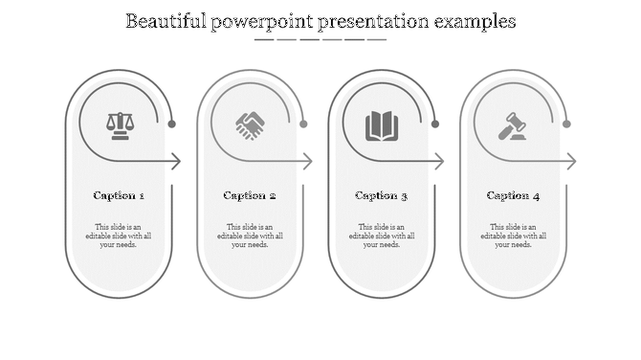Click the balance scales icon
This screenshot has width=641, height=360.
120,125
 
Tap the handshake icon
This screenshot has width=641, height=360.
251,125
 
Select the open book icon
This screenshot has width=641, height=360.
382,125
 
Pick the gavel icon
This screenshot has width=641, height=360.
513,125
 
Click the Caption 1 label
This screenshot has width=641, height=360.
119,195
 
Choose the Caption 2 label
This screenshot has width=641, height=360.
250,195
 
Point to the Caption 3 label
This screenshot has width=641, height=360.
382,195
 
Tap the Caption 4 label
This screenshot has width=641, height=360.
513,195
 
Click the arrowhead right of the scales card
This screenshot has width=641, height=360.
177,162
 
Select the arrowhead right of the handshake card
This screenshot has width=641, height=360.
308,162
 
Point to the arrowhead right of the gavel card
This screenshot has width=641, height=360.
571,162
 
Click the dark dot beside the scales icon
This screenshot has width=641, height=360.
172,124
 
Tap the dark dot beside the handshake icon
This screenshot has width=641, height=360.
303,124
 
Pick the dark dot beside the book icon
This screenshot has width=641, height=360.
435,124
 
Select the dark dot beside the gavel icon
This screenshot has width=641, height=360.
566,124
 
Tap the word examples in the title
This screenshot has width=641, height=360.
472,21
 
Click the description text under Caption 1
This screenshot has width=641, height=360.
119,236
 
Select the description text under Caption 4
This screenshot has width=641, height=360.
513,236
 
